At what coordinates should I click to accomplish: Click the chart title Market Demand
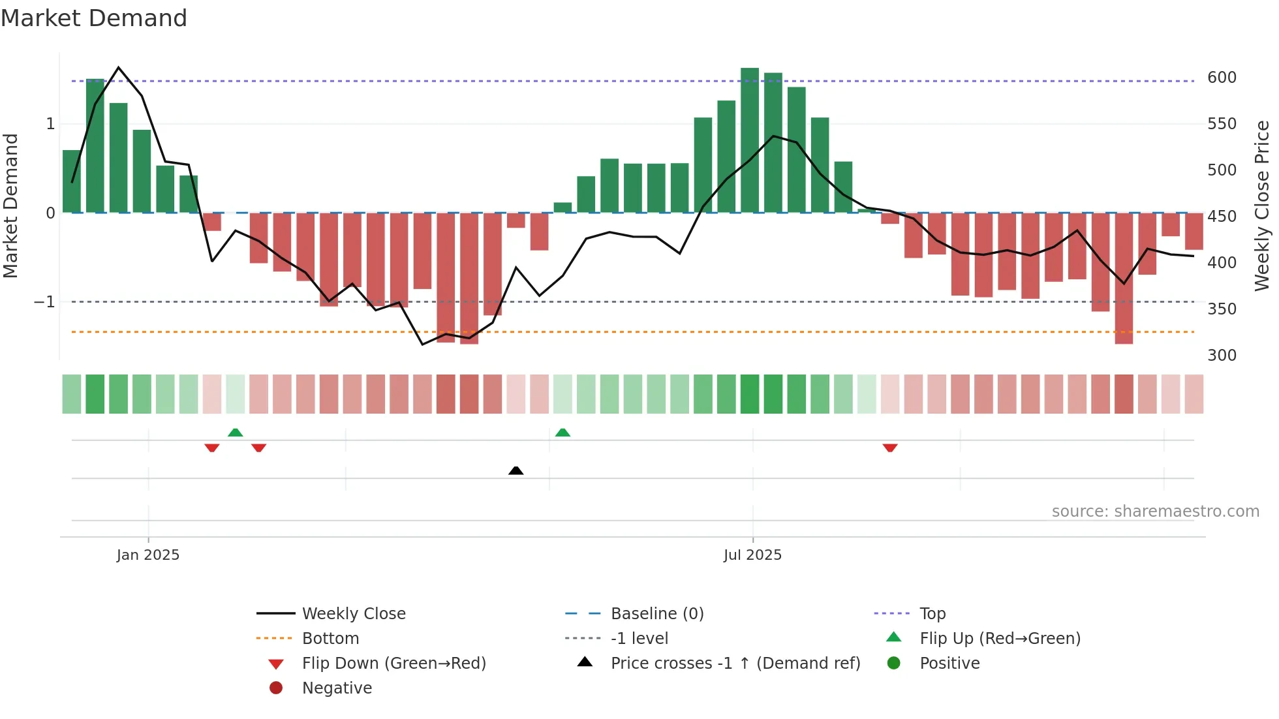[x=94, y=18]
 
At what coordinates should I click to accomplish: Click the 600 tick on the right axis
[x=1222, y=78]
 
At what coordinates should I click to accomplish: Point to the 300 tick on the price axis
[x=1222, y=356]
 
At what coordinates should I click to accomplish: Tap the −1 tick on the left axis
[x=44, y=302]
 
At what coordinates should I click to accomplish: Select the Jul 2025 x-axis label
[x=752, y=555]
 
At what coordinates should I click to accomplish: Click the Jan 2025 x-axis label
[x=148, y=555]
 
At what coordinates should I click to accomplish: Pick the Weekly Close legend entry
[x=353, y=614]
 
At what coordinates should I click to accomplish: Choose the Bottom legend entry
[x=330, y=639]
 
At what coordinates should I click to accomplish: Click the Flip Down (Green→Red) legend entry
[x=393, y=664]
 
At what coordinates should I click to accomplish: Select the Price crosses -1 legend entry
[x=735, y=664]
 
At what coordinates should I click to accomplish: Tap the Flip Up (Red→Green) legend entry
[x=1000, y=639]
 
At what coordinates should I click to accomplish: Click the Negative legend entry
[x=337, y=688]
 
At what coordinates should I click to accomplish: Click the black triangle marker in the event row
[x=516, y=470]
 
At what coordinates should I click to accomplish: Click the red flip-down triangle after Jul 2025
[x=890, y=448]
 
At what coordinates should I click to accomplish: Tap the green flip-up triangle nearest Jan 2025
[x=236, y=433]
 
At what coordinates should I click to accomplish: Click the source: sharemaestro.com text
[x=1155, y=512]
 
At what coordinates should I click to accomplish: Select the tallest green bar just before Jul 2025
[x=750, y=140]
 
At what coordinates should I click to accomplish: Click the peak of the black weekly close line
[x=118, y=67]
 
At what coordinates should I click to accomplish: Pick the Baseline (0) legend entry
[x=656, y=614]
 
